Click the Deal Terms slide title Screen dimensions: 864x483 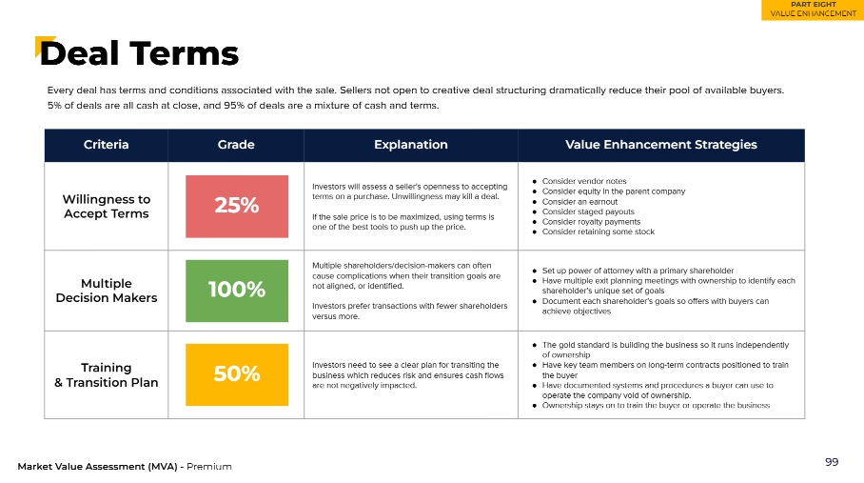coord(139,53)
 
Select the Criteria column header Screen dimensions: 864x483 coord(106,145)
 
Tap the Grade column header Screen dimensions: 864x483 coord(236,145)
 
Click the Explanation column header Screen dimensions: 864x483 coord(410,145)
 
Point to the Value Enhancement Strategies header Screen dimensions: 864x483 coord(660,145)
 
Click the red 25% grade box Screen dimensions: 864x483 coord(237,206)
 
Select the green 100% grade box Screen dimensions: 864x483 coord(237,291)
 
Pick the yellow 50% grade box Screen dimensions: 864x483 coord(237,374)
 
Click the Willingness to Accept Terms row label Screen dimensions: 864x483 coord(107,206)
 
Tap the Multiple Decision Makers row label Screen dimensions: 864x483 coord(107,291)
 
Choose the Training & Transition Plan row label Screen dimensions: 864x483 coord(107,375)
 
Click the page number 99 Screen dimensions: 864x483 coord(832,462)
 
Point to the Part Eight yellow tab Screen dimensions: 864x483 coord(813,10)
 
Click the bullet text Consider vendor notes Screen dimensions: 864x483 coord(584,181)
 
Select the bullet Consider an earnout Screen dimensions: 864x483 coord(579,202)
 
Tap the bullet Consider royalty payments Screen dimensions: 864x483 coord(591,222)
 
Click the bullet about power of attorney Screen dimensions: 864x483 coord(638,271)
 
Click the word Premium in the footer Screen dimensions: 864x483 coord(208,467)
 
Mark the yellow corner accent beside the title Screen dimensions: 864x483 coord(43,45)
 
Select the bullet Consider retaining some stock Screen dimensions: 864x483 coord(599,232)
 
